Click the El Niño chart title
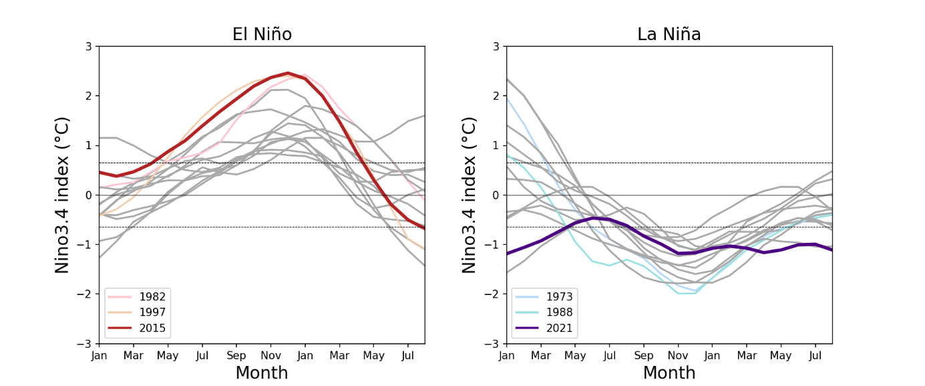262,34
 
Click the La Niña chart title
669,34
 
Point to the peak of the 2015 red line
288,73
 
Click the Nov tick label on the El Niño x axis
270,356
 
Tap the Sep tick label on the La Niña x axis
644,356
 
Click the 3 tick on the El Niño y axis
88,46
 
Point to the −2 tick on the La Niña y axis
493,294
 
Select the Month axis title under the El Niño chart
262,373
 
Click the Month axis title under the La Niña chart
669,373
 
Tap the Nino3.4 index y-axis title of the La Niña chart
470,195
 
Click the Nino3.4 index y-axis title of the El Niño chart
63,195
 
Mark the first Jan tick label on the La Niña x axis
507,356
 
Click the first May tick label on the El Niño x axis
168,356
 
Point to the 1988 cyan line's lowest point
687,294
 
